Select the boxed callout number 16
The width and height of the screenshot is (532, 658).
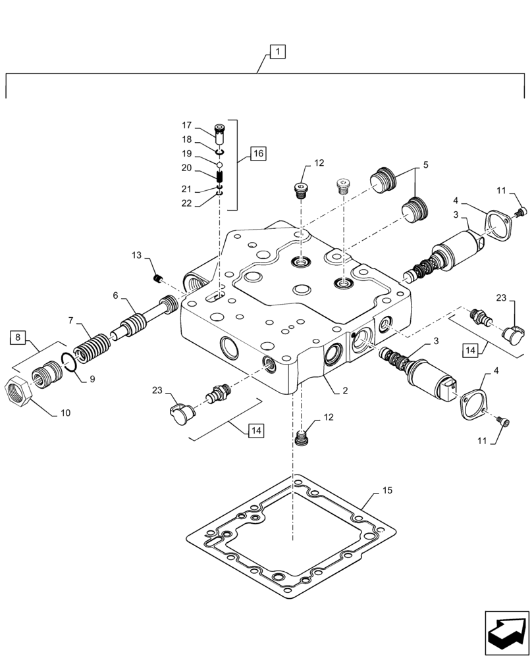pyautogui.click(x=257, y=154)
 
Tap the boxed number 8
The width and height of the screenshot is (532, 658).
pyautogui.click(x=18, y=339)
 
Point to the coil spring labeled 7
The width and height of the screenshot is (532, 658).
pyautogui.click(x=92, y=345)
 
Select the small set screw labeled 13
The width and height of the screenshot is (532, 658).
pyautogui.click(x=157, y=279)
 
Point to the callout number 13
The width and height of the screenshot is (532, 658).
pyautogui.click(x=136, y=255)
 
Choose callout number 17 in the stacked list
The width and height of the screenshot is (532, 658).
pyautogui.click(x=186, y=124)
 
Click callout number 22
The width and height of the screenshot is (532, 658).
pyautogui.click(x=186, y=203)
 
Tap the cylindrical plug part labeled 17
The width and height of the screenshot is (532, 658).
pyautogui.click(x=220, y=134)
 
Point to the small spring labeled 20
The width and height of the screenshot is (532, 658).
pyautogui.click(x=221, y=176)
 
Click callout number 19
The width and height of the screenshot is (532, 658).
pyautogui.click(x=186, y=153)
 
